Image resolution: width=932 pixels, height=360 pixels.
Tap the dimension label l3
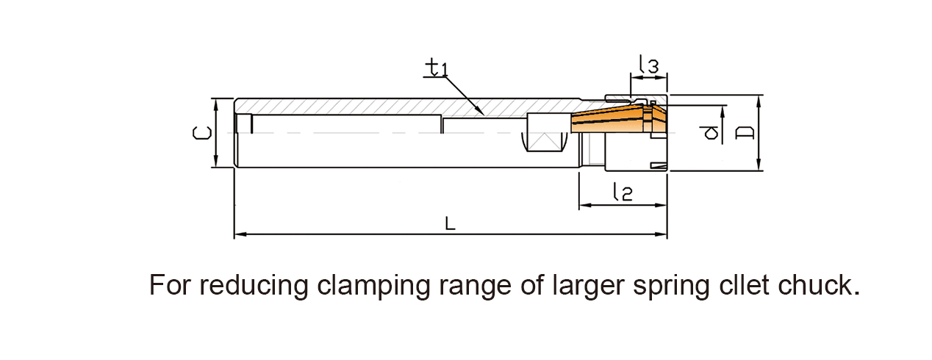click(x=648, y=65)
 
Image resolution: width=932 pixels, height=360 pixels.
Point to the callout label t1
click(x=437, y=68)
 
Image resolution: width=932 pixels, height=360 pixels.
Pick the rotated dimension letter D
click(x=745, y=133)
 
